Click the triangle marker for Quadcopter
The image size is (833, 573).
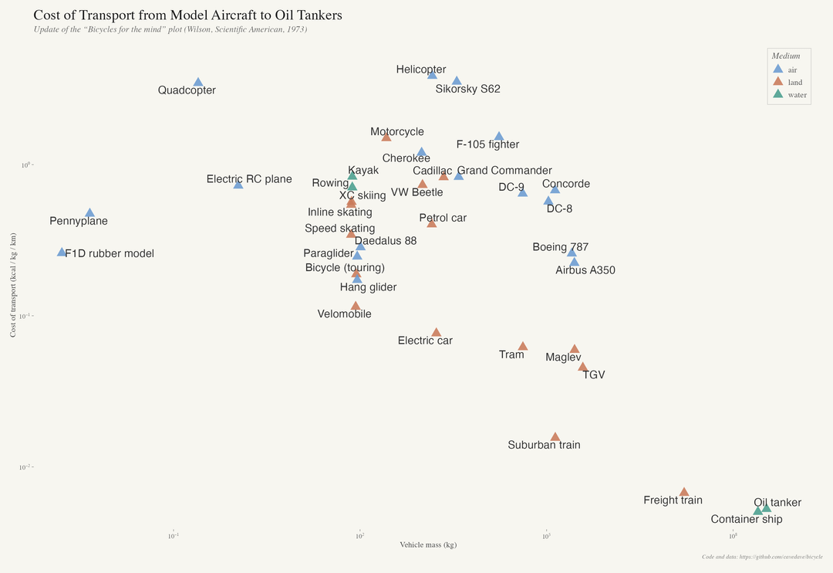point(198,83)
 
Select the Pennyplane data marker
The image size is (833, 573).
point(89,213)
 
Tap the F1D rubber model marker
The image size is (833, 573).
point(62,253)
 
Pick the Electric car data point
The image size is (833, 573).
point(437,333)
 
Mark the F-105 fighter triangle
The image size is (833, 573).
point(499,137)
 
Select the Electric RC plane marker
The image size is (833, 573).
point(238,185)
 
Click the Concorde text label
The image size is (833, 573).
point(566,184)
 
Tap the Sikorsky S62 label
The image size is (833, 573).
point(467,89)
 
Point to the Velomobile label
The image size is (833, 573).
point(344,314)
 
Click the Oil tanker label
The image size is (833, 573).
point(777,503)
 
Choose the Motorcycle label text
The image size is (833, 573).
point(396,132)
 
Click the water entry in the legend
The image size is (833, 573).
point(797,95)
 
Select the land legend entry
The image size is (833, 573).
point(794,82)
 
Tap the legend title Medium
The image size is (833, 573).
point(786,56)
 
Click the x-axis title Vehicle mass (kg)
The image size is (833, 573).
point(428,545)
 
